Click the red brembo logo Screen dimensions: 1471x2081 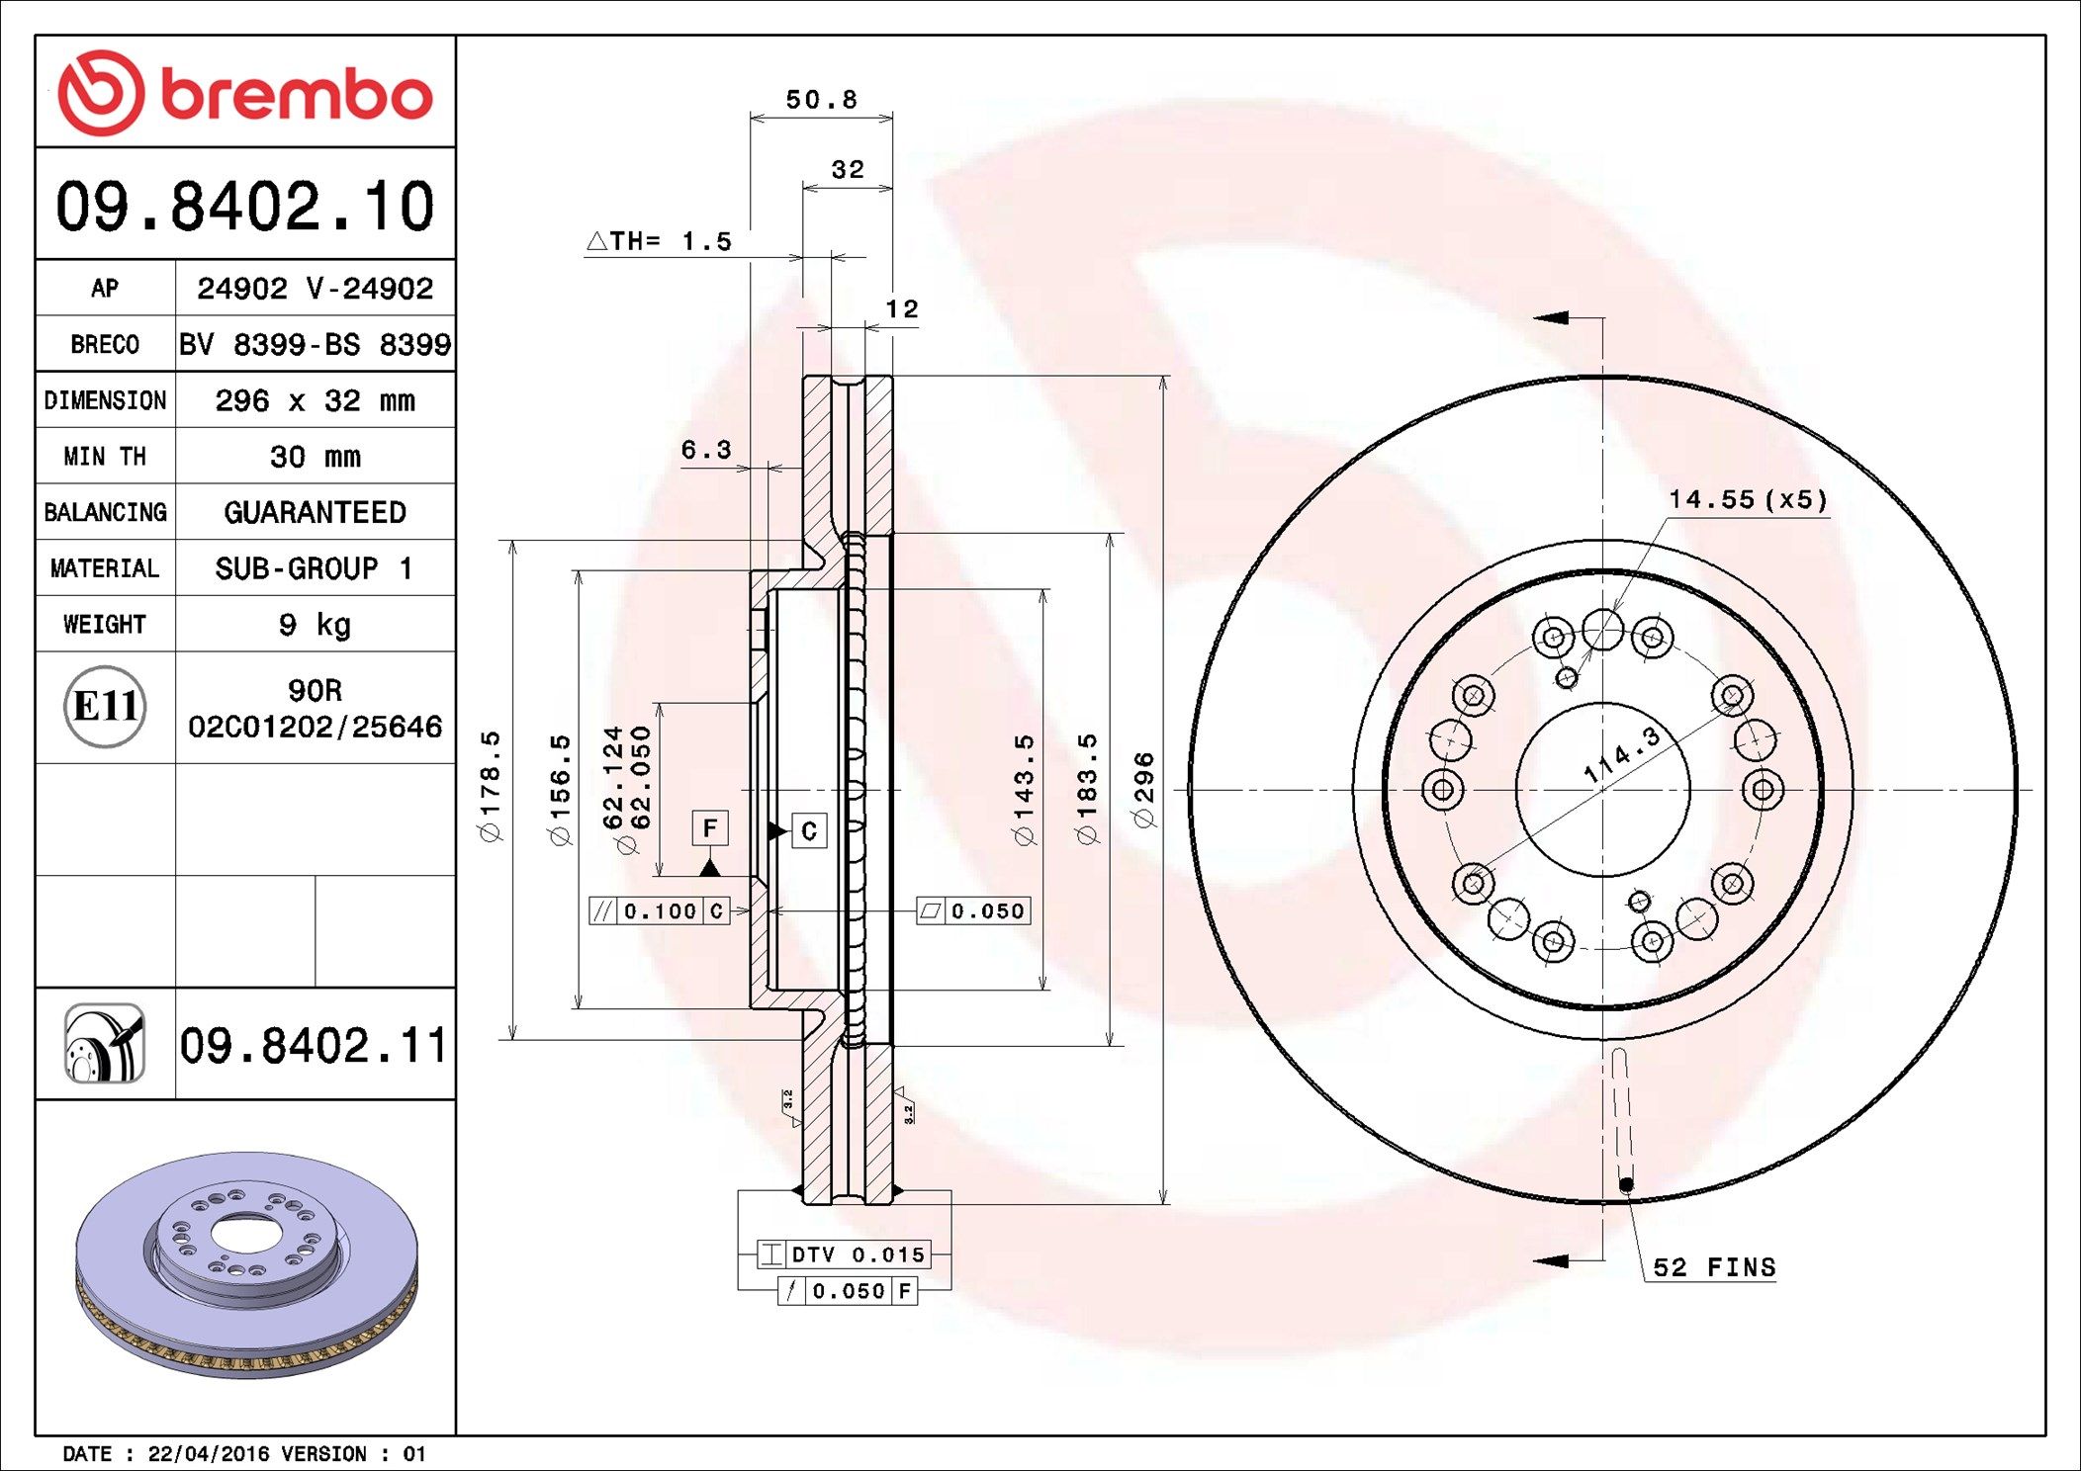(x=244, y=93)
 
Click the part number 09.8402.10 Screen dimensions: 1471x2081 (x=244, y=207)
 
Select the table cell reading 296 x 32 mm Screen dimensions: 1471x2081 (x=315, y=400)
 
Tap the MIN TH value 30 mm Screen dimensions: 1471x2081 (x=315, y=457)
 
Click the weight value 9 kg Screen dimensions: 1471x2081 (x=315, y=624)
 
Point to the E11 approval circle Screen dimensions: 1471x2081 (x=105, y=707)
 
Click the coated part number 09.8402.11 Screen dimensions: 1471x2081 (x=314, y=1045)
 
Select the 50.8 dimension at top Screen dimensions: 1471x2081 (x=821, y=100)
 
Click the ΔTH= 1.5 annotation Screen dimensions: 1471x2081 (x=660, y=241)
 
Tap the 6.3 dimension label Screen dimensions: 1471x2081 (x=706, y=451)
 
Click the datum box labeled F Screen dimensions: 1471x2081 (x=709, y=828)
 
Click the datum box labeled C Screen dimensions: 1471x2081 (x=809, y=831)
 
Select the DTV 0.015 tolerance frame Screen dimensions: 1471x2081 (x=844, y=1255)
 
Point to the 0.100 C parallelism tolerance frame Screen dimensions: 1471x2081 (x=659, y=911)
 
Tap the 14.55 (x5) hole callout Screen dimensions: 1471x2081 (x=1748, y=499)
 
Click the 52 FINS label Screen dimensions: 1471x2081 (x=1714, y=1267)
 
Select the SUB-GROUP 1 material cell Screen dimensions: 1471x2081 (x=315, y=568)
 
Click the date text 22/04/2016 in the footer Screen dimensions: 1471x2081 (x=208, y=1454)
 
